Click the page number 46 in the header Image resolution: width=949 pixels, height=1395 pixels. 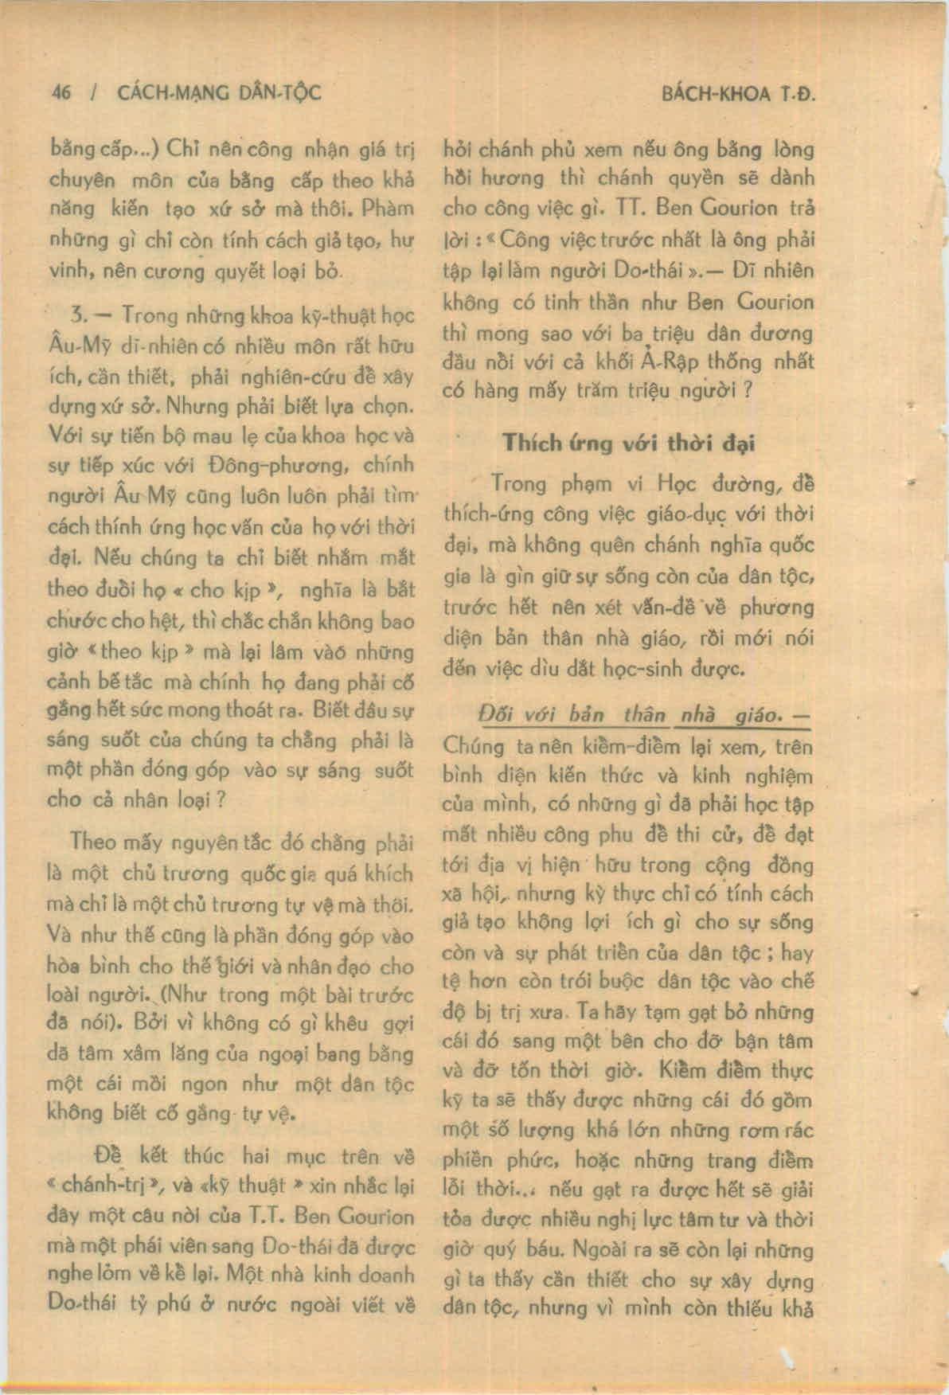click(x=61, y=92)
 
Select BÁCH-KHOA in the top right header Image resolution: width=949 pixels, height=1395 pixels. click(x=716, y=94)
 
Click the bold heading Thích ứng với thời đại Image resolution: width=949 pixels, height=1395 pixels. click(x=628, y=443)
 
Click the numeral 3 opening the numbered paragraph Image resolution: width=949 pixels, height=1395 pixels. click(x=78, y=315)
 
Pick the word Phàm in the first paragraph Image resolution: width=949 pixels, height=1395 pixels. click(x=387, y=209)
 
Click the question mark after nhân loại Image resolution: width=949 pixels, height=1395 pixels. click(x=221, y=799)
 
